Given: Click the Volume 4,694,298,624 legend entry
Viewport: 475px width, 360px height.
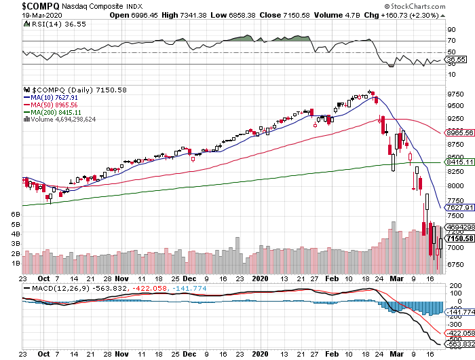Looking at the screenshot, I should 62,120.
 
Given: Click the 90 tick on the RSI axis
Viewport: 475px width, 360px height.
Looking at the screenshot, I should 451,30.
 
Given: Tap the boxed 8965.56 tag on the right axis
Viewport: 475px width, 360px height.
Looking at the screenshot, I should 459,132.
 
